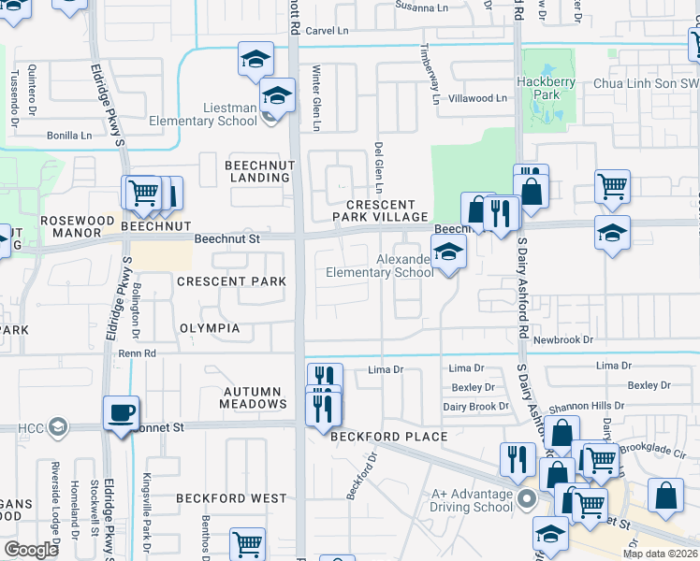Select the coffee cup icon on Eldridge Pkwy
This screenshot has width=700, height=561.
pyautogui.click(x=123, y=413)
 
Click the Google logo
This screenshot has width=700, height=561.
pyautogui.click(x=31, y=549)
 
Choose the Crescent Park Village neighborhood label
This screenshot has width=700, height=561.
pyautogui.click(x=380, y=210)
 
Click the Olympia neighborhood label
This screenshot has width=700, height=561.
pyautogui.click(x=211, y=328)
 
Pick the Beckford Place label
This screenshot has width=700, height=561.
pyautogui.click(x=387, y=437)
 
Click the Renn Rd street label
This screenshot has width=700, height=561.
pyautogui.click(x=137, y=353)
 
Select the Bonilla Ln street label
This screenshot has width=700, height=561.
pyautogui.click(x=72, y=135)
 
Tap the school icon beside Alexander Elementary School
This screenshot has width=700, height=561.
pyautogui.click(x=448, y=252)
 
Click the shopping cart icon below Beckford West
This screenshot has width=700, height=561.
pyautogui.click(x=247, y=543)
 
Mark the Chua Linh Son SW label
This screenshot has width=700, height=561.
pyautogui.click(x=646, y=83)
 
